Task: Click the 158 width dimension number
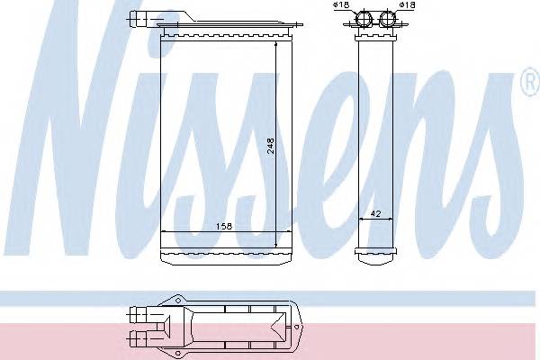pyautogui.click(x=220, y=227)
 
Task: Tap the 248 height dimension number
pyautogui.click(x=270, y=148)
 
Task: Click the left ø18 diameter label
pyautogui.click(x=341, y=6)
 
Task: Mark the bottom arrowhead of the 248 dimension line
pyautogui.click(x=276, y=246)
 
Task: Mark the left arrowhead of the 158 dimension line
pyautogui.click(x=163, y=233)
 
